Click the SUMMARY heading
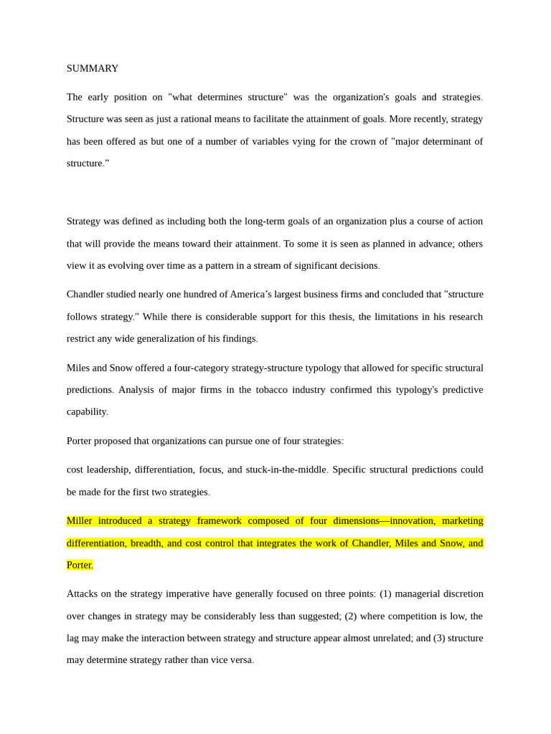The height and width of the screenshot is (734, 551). point(93,68)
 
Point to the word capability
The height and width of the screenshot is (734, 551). point(87,411)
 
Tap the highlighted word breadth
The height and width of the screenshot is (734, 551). point(146,543)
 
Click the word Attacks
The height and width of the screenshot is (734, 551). point(83,594)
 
